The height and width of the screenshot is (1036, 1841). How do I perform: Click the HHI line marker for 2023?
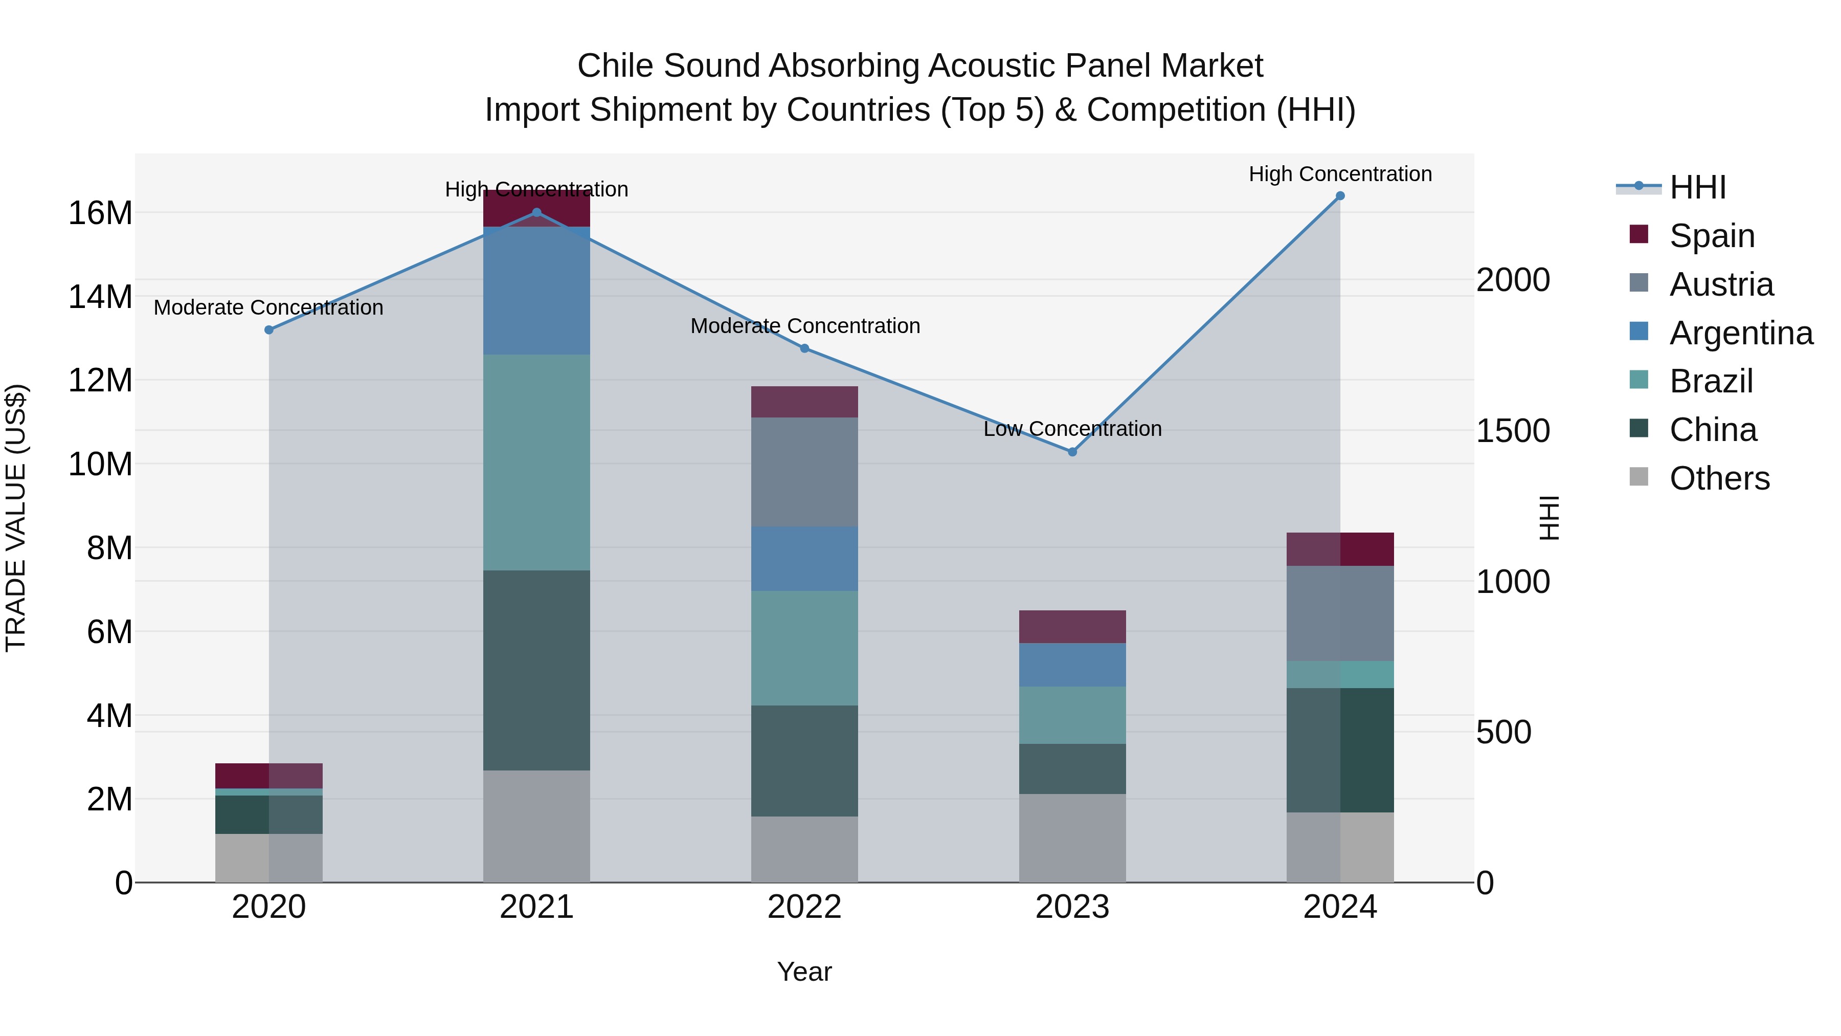(x=1072, y=452)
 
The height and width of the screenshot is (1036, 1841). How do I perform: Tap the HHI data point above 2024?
(x=1340, y=196)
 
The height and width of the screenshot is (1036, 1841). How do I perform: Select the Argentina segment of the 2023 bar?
(x=1072, y=665)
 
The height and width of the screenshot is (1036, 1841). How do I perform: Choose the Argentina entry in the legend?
(x=1741, y=333)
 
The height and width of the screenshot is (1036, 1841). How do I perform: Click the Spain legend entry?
(x=1712, y=236)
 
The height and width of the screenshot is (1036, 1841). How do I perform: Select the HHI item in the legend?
(x=1697, y=187)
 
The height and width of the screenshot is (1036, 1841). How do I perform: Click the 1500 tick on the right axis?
(x=1513, y=431)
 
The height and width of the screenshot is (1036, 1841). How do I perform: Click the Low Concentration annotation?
(x=1072, y=429)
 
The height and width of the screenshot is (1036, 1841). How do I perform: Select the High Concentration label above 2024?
(x=1340, y=174)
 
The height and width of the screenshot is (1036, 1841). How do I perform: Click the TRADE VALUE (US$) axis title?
(x=16, y=518)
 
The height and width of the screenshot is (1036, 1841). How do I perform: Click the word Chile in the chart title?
(x=616, y=67)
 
